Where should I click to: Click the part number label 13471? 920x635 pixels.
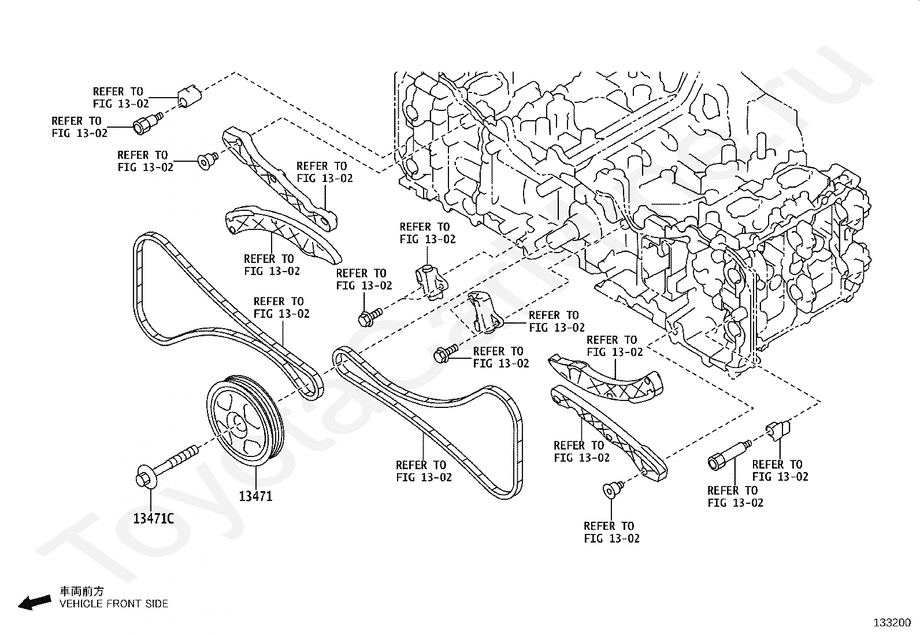[x=255, y=496]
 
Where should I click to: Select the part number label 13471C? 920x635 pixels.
[x=154, y=518]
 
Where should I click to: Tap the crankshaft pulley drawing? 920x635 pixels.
[x=245, y=421]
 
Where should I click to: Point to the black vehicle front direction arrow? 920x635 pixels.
[x=35, y=602]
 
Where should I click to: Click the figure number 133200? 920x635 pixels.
[x=892, y=623]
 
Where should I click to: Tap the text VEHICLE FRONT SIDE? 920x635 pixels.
[x=114, y=604]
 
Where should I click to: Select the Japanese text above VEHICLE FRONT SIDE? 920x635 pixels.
[x=81, y=591]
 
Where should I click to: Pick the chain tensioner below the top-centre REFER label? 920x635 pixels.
[x=431, y=282]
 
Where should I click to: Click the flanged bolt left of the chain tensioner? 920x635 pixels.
[x=370, y=318]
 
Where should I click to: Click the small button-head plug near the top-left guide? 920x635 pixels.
[x=207, y=161]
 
